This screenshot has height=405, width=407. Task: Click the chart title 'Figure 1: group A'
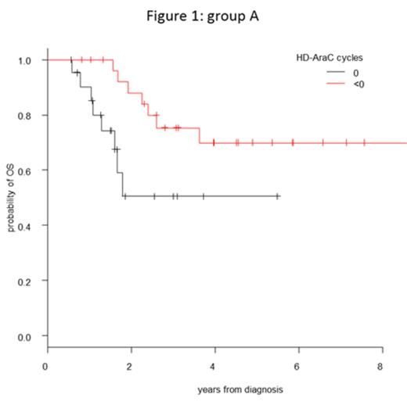[203, 15]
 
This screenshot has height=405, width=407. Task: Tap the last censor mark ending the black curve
[278, 196]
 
